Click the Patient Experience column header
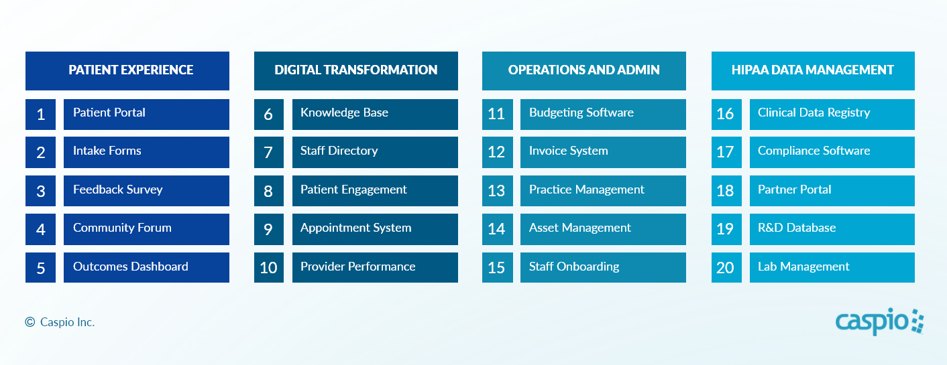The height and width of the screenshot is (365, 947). tap(127, 71)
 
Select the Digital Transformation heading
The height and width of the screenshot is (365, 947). tap(356, 71)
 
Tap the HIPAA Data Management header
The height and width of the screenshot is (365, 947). tap(813, 71)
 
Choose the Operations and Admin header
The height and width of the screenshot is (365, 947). tap(584, 71)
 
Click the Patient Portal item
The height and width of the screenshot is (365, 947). tap(146, 115)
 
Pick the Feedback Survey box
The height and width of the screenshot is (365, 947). tap(146, 191)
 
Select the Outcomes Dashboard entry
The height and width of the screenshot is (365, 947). tap(146, 267)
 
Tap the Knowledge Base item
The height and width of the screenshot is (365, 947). tap(375, 115)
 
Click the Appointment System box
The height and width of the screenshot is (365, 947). tap(375, 229)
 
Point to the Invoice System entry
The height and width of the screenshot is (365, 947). tap(603, 152)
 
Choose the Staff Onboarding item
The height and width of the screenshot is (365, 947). tap(603, 267)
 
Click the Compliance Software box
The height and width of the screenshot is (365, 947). tap(832, 152)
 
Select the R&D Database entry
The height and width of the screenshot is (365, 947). tap(832, 229)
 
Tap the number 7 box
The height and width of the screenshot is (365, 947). tap(269, 152)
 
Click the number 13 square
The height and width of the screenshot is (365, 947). tap(498, 191)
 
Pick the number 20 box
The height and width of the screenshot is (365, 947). tap(726, 267)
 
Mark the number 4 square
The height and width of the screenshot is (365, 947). tap(41, 229)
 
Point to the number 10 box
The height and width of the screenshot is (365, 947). tap(269, 267)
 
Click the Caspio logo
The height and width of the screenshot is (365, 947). tap(879, 321)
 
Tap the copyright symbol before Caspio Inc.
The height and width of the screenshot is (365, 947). tap(30, 322)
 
